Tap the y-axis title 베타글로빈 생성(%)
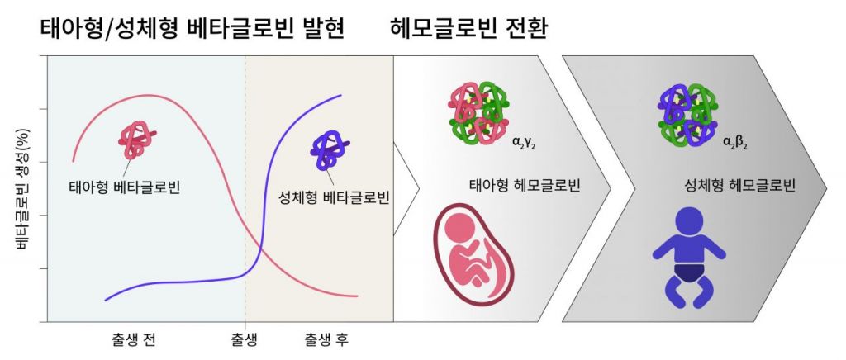pos(22,188)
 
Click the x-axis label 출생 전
pos(134,340)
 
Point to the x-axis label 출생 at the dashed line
pos(245,340)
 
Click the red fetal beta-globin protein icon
pos(137,140)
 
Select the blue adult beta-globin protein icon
pos(330,151)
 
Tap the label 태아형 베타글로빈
pos(125,187)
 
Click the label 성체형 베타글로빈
pos(334,198)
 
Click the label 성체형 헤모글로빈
pos(739,187)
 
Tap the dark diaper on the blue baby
pos(689,273)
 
